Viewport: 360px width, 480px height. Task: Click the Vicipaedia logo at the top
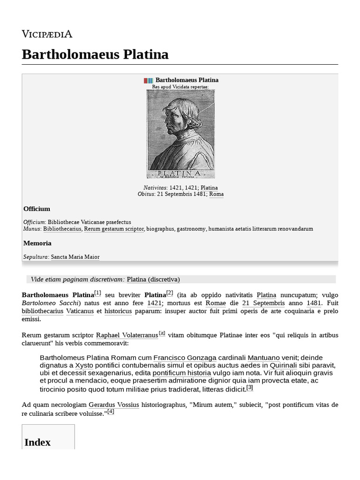[47, 34]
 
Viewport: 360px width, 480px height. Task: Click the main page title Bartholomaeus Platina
[95, 54]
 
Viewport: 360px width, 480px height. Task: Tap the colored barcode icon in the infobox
[148, 81]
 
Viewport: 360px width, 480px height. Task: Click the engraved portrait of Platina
[180, 134]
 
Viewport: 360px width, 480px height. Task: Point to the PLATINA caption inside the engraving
[180, 173]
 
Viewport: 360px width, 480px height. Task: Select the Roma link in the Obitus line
[216, 194]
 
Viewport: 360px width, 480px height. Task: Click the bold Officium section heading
[37, 209]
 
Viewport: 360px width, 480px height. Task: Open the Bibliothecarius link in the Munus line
[62, 229]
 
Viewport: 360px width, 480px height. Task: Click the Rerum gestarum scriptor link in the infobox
[114, 229]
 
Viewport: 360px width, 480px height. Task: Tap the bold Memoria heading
[37, 243]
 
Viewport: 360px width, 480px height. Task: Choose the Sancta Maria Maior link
[75, 257]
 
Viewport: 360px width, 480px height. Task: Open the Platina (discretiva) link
[153, 279]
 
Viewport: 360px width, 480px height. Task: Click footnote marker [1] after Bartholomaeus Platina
[97, 293]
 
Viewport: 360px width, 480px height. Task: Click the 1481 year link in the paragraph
[314, 303]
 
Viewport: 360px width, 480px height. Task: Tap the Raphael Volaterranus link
[127, 335]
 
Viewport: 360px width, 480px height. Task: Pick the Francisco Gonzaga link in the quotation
[185, 358]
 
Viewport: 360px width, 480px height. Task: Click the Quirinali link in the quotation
[283, 365]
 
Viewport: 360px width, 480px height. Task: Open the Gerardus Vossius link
[114, 405]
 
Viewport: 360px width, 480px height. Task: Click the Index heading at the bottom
[37, 442]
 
